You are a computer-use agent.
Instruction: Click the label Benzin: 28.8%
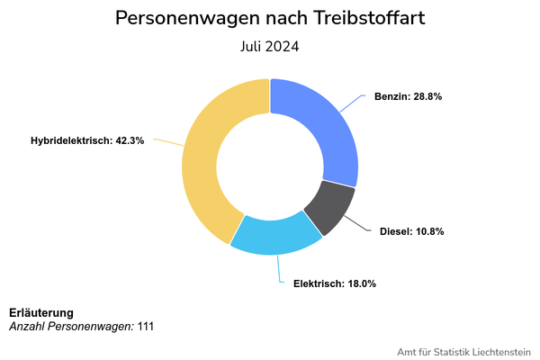coord(408,95)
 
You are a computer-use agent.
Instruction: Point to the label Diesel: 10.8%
coord(411,231)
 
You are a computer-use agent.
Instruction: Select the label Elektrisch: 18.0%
coord(334,283)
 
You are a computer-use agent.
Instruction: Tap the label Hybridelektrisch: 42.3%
coord(87,140)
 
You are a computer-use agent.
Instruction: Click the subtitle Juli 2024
coord(270,46)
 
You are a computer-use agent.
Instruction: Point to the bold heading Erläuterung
coord(41,312)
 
